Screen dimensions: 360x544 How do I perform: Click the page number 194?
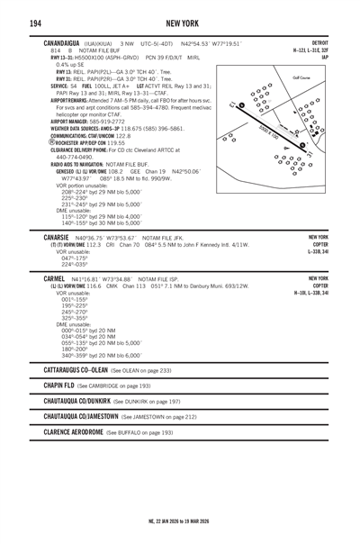pos(33,21)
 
